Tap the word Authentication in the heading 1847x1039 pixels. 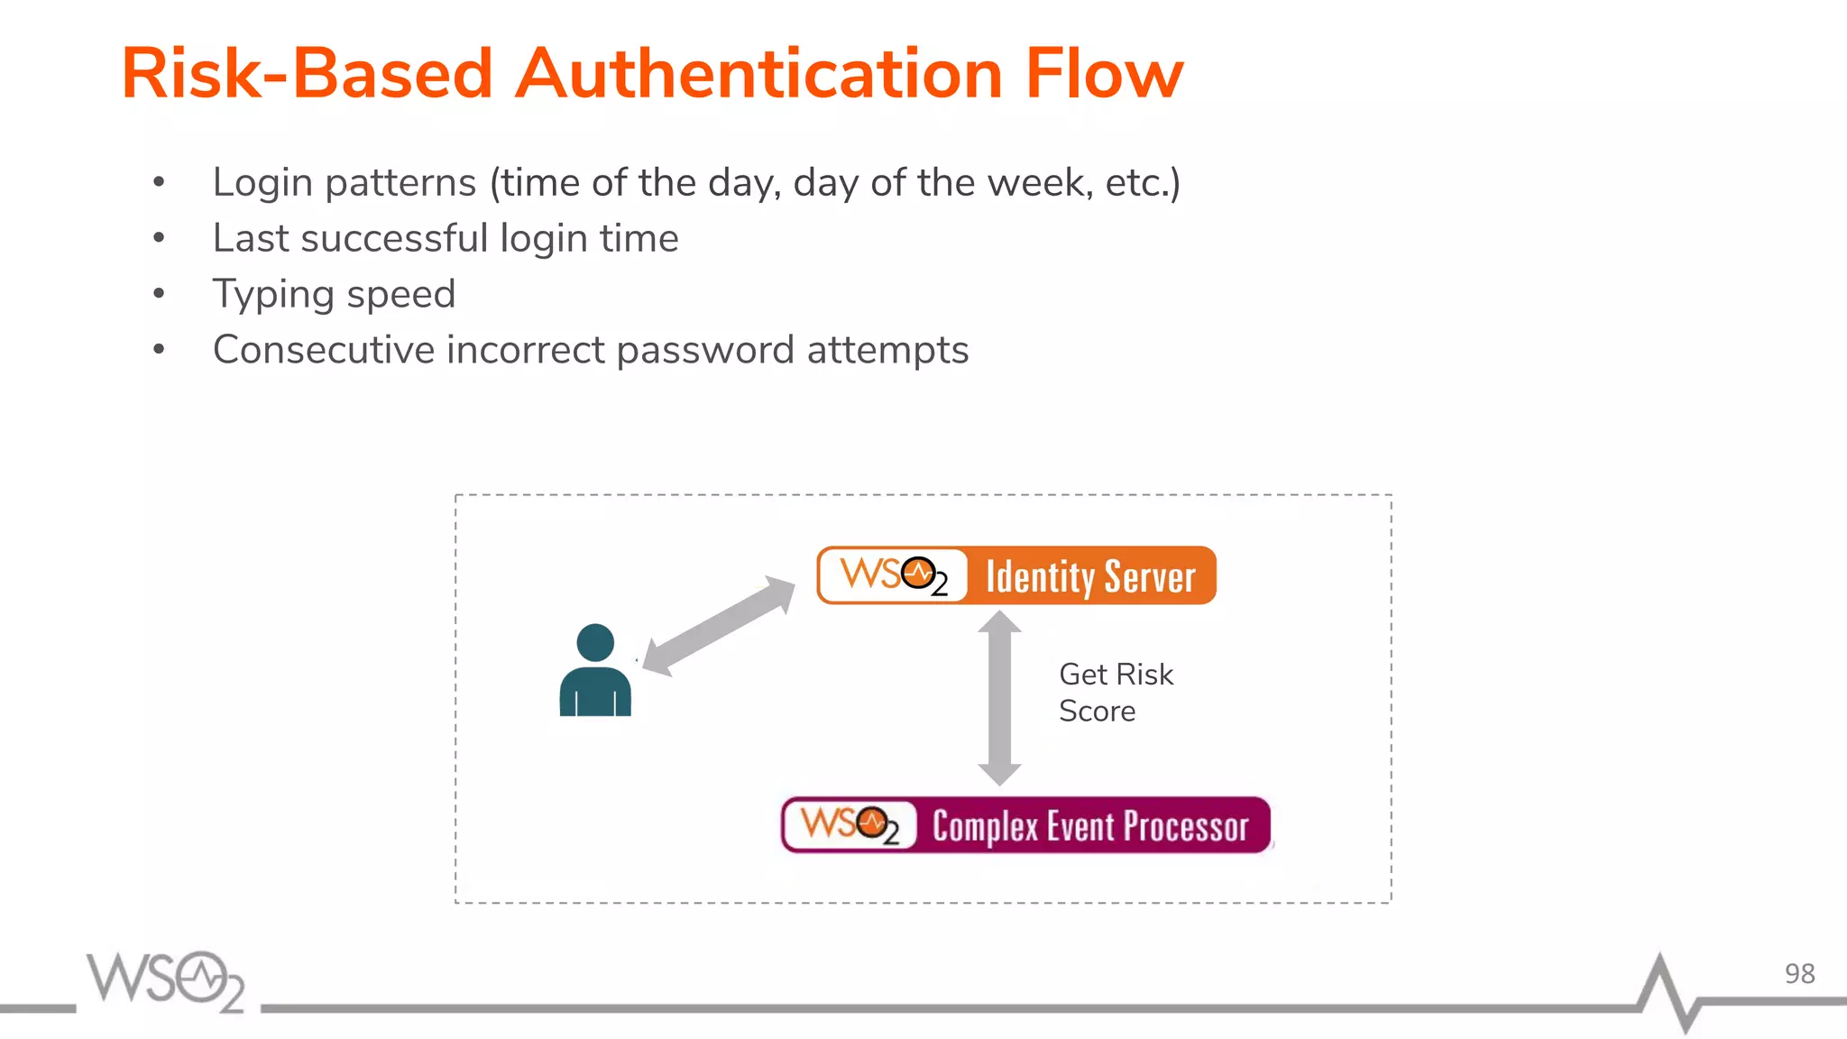coord(758,74)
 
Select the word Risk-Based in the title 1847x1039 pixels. coord(307,74)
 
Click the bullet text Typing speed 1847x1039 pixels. coord(334,294)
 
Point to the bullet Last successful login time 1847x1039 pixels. coord(446,238)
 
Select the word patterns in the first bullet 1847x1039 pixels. coord(400,183)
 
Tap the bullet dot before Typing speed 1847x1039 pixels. coord(159,294)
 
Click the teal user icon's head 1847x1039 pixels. coord(595,642)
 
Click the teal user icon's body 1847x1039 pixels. coord(595,692)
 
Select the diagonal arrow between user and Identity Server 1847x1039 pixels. coord(719,625)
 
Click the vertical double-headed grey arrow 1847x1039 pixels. coord(999,698)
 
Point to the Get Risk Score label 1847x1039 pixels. coord(1116,693)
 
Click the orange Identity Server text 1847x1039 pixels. coord(1090,576)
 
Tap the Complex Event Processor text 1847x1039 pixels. coord(1090,826)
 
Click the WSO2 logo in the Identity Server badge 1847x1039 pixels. coord(894,575)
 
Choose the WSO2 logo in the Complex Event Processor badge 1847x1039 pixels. coord(850,825)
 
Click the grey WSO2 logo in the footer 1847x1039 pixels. coord(166,981)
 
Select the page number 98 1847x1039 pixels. coord(1799,974)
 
